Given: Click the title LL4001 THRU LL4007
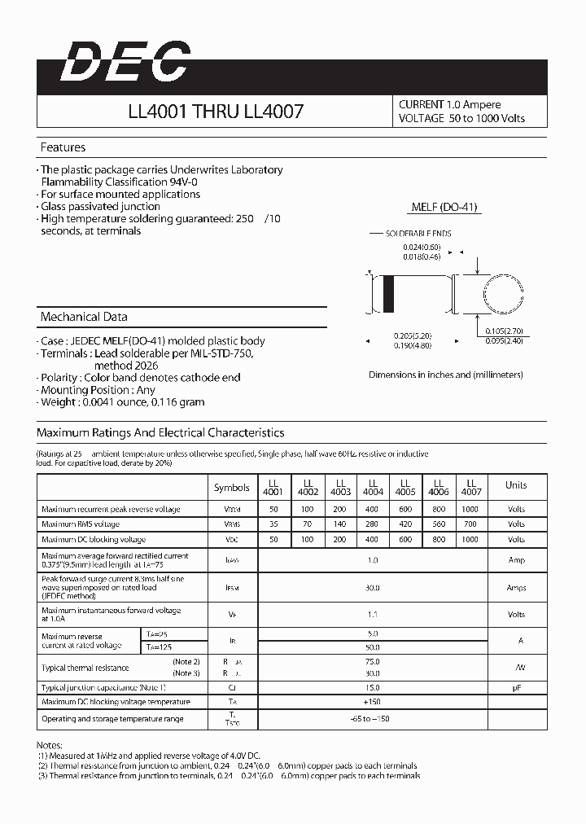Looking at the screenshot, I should (216, 112).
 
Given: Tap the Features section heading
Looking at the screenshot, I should (63, 147).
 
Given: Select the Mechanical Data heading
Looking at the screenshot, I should (84, 317).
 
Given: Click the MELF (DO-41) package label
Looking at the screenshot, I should (445, 208).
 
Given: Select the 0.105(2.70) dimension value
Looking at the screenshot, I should (505, 331).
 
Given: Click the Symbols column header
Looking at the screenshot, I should (231, 488).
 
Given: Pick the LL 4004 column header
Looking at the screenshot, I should (373, 487).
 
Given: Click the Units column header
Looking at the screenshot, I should (516, 485).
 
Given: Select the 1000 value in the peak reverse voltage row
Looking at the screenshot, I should (470, 509).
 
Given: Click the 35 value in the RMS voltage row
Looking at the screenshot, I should (273, 524).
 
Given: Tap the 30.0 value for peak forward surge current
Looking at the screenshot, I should (373, 587).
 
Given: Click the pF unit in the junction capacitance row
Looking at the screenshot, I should (516, 687).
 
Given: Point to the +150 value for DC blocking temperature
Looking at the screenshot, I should (373, 702).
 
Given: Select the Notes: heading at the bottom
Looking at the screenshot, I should (50, 745).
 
